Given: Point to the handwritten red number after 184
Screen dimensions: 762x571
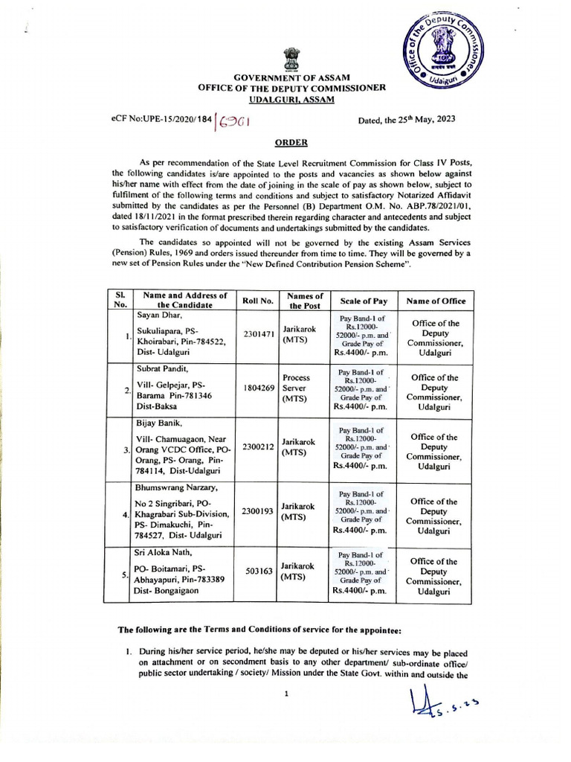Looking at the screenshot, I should tap(233, 121).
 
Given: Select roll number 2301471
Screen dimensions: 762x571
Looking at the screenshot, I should tap(257, 335).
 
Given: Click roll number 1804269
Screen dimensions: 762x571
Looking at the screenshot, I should tap(257, 388).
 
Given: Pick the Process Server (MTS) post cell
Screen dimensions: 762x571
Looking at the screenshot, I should tap(296, 388).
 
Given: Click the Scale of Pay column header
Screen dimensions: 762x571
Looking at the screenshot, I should tap(364, 301).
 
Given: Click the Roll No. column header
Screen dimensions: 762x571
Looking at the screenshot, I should tap(257, 301).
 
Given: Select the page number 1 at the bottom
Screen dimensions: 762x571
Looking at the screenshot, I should tap(285, 694).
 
